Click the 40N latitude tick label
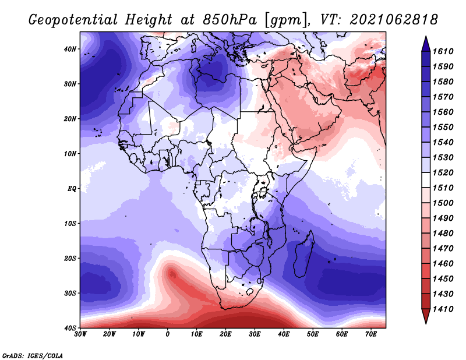(70, 49)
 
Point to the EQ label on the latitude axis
(72, 189)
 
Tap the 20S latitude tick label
(70, 258)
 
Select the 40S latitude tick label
(70, 328)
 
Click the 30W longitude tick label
(80, 334)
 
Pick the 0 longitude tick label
(168, 334)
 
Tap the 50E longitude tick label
(313, 334)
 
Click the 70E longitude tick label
(371, 334)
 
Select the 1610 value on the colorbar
(443, 51)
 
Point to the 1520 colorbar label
(443, 172)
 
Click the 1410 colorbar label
(443, 309)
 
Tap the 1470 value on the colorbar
(443, 249)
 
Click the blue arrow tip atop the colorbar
(426, 37)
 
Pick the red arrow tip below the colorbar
(426, 323)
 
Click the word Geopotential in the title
(73, 20)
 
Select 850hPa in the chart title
(230, 20)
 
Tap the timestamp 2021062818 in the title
(394, 20)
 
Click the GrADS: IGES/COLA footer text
(33, 355)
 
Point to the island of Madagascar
(304, 254)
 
